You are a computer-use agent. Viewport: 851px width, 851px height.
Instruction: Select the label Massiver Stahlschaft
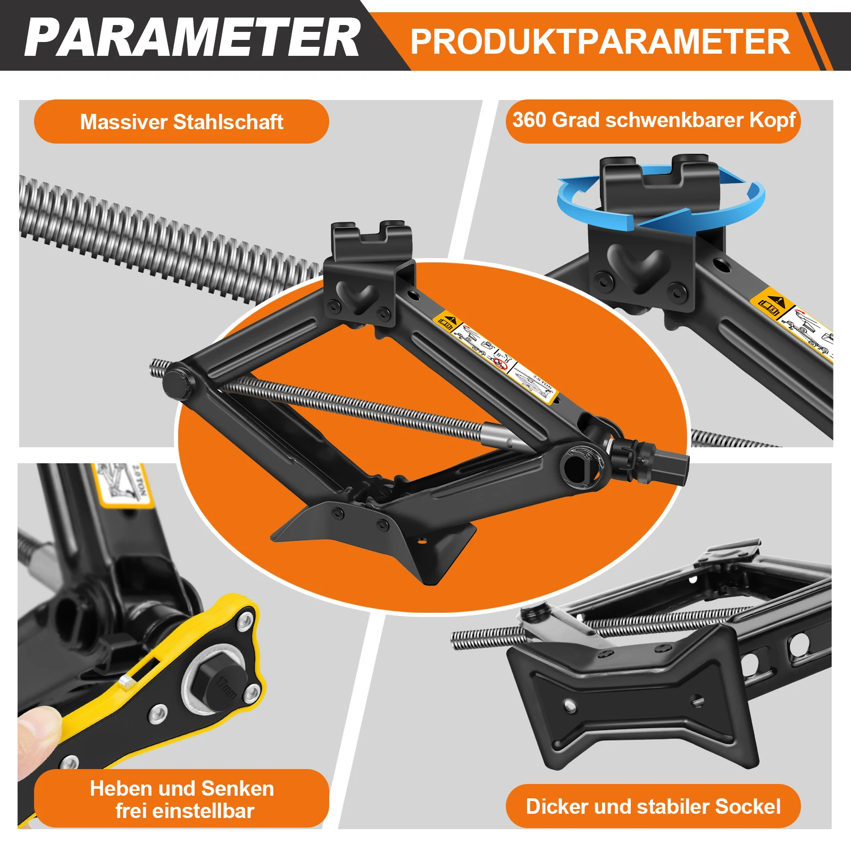tap(181, 122)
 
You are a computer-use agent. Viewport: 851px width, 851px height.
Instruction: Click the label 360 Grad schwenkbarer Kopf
tap(653, 120)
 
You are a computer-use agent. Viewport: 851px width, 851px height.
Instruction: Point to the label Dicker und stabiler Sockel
tap(653, 806)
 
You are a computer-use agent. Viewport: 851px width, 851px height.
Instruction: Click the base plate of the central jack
tap(372, 537)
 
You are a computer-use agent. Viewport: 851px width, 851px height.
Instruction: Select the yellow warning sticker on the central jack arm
tap(495, 356)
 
